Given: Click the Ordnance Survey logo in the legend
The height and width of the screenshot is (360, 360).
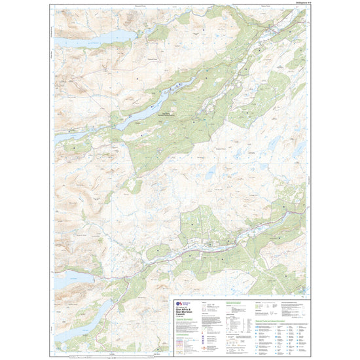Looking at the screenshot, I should point(181,303).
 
